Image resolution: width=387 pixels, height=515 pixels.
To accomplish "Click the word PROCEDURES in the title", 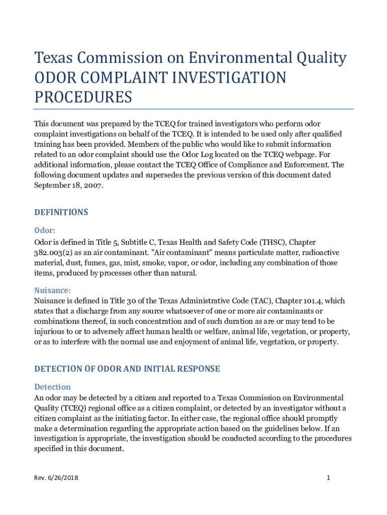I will [83, 97].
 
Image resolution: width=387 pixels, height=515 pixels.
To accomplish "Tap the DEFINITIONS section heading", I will [61, 212].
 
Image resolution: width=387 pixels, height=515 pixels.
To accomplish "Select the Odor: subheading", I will [45, 230].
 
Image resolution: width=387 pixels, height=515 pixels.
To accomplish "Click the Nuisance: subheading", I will [52, 290].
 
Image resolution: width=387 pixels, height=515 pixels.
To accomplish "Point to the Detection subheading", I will [52, 387].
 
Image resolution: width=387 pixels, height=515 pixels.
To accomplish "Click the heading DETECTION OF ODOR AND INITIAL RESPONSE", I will [127, 369].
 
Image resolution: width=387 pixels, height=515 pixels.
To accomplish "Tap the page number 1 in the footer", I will [328, 477].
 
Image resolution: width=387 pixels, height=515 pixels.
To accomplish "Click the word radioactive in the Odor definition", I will [320, 253].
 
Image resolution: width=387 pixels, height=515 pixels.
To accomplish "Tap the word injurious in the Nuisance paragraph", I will [50, 331].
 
